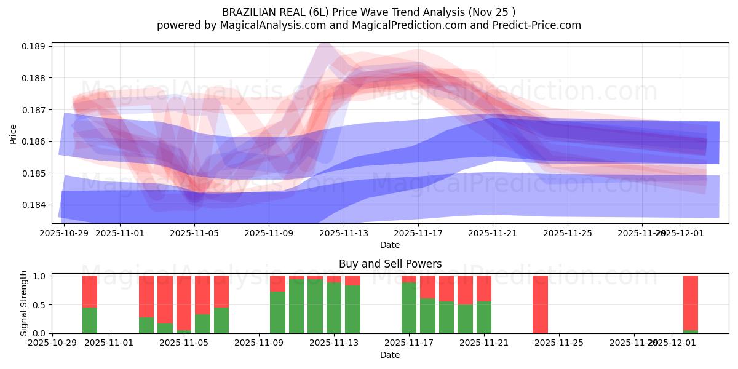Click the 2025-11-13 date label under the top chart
pyautogui.click(x=344, y=234)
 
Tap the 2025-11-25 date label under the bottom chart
pyautogui.click(x=559, y=343)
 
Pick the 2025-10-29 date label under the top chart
pyautogui.click(x=64, y=234)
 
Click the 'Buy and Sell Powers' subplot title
pyautogui.click(x=390, y=264)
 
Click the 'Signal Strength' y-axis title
pyautogui.click(x=23, y=303)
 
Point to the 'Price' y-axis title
pyautogui.click(x=14, y=133)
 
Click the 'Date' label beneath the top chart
pyautogui.click(x=390, y=245)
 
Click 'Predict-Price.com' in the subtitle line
pyautogui.click(x=539, y=25)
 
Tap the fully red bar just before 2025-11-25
pyautogui.click(x=540, y=304)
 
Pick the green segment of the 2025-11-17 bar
pyautogui.click(x=409, y=307)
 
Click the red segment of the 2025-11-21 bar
pyautogui.click(x=484, y=288)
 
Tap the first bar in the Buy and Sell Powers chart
pyautogui.click(x=90, y=304)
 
